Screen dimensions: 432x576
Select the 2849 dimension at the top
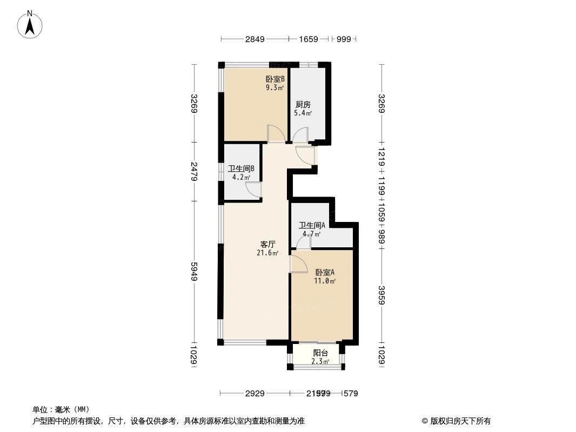click(x=254, y=39)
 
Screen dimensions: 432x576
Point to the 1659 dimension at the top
click(x=309, y=39)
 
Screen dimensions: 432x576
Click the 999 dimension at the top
click(x=344, y=39)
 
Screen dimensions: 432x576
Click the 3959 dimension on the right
click(x=381, y=294)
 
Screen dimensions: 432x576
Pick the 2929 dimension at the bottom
click(x=254, y=394)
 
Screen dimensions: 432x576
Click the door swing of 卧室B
click(x=274, y=133)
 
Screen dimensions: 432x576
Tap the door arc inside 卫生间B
click(x=253, y=190)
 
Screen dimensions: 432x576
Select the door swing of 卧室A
click(x=298, y=264)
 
